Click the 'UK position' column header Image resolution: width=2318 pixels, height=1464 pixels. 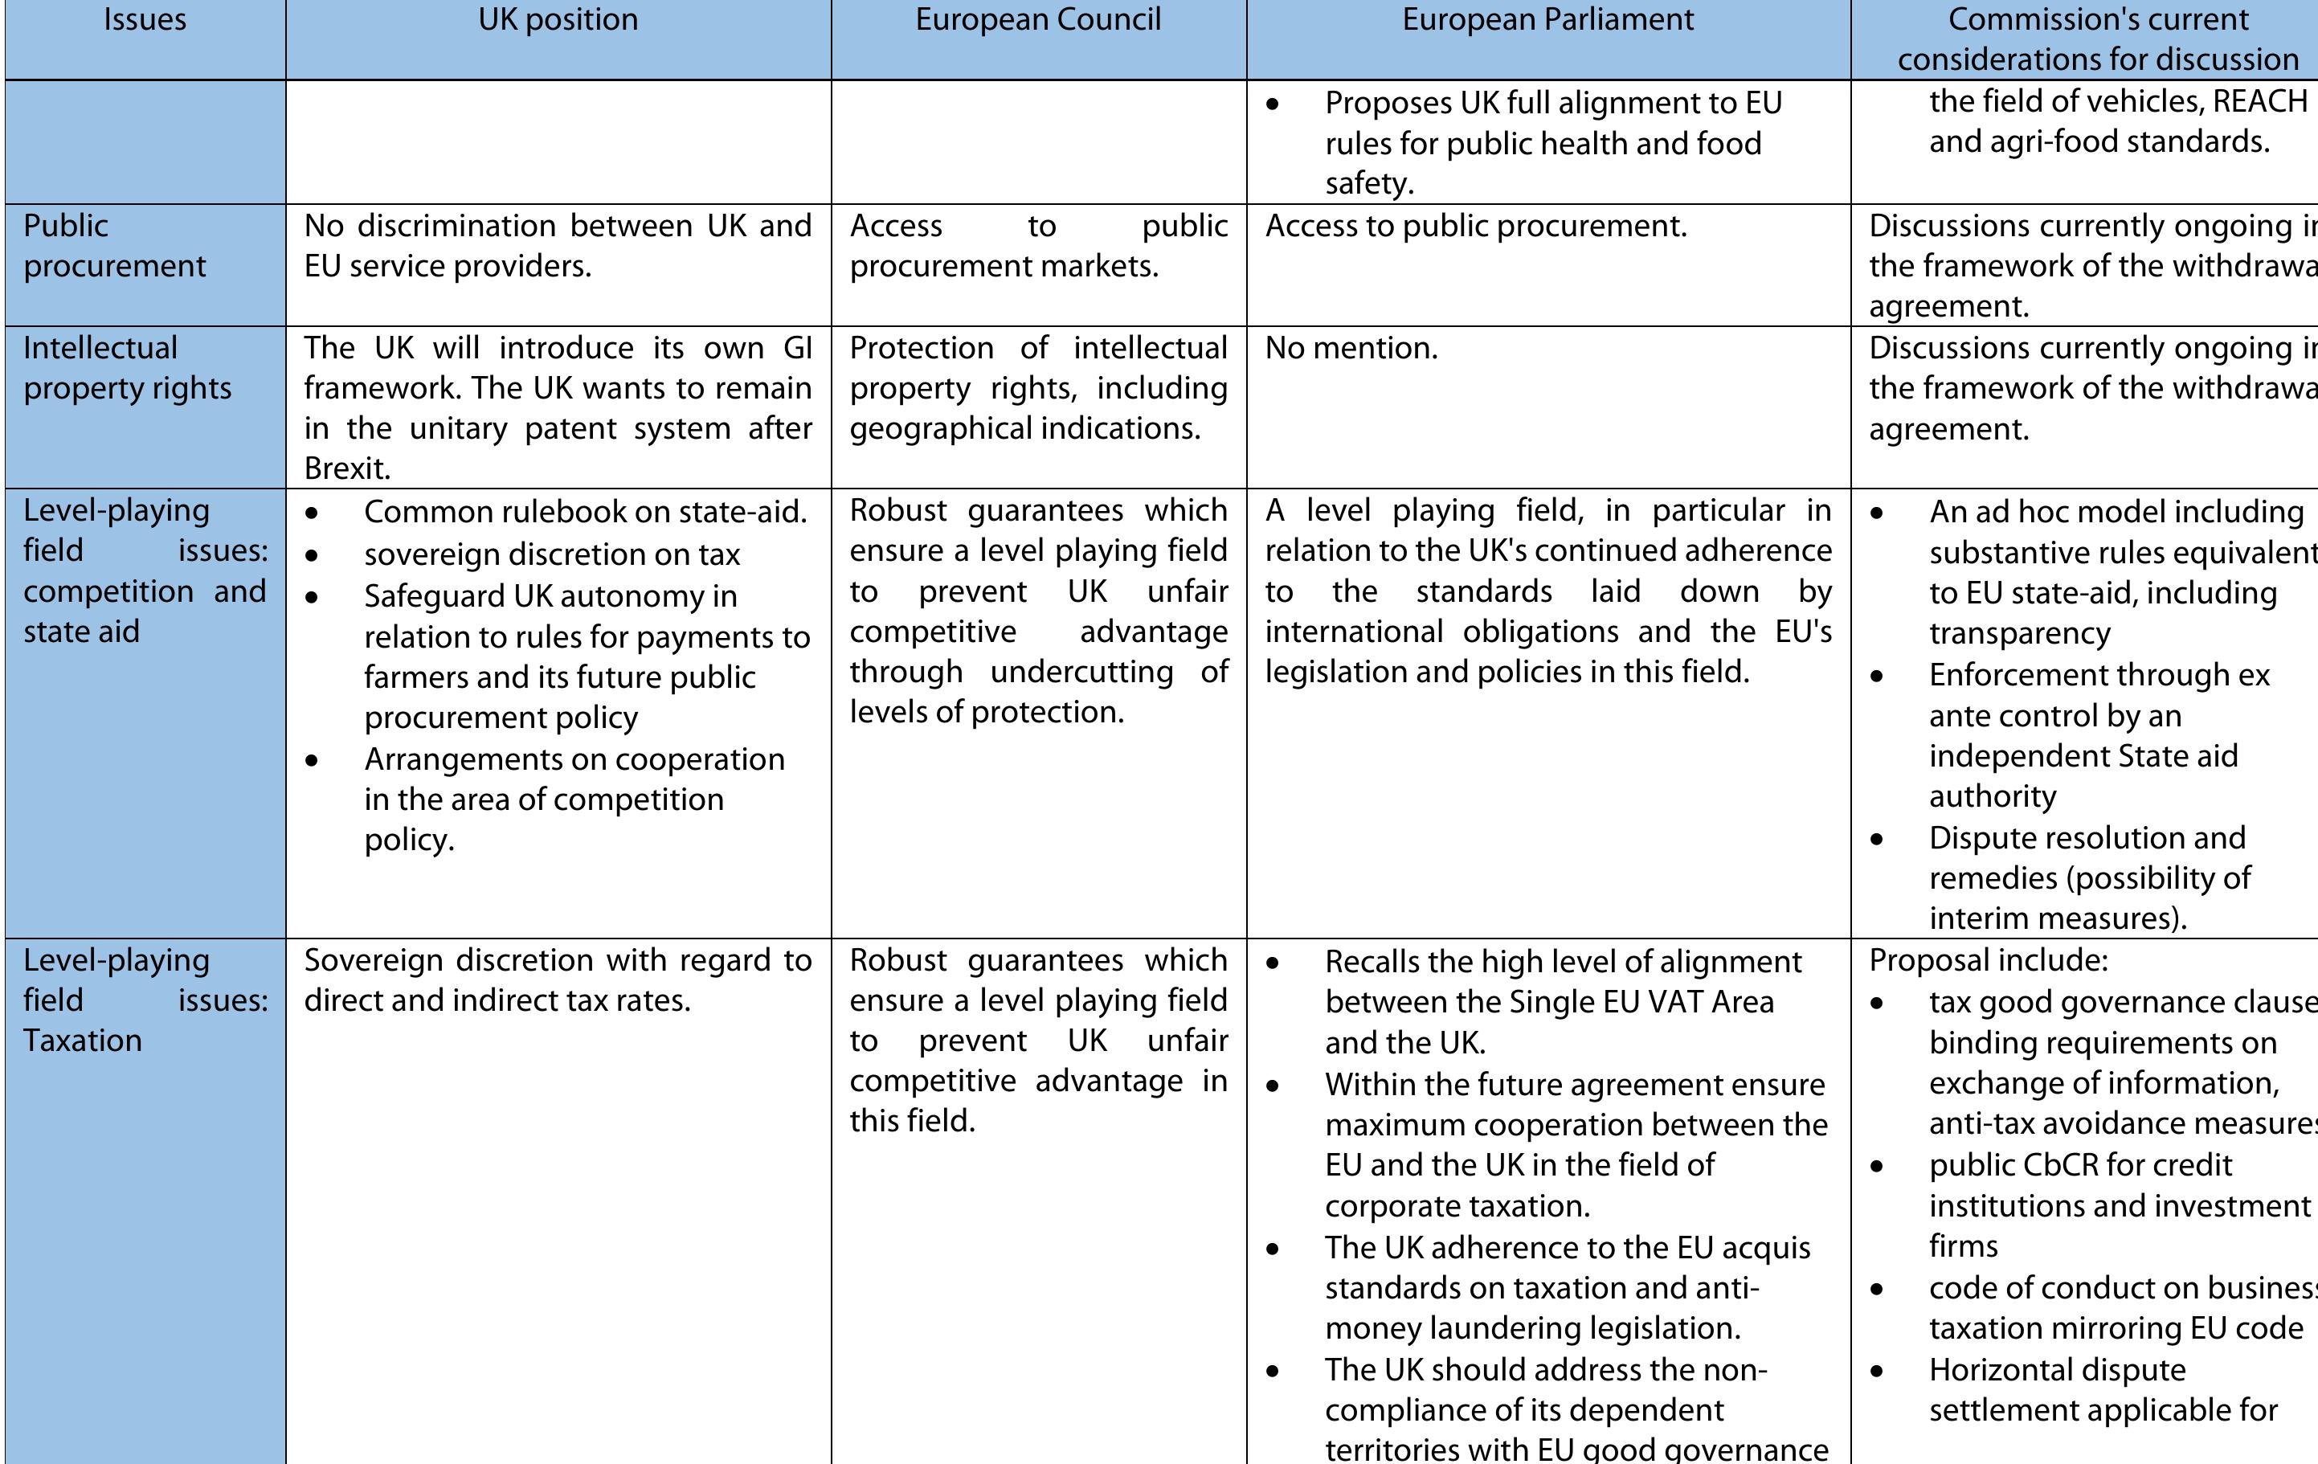click(x=558, y=20)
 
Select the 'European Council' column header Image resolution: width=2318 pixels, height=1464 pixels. click(x=1038, y=20)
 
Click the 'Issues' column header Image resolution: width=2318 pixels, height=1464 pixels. click(x=145, y=20)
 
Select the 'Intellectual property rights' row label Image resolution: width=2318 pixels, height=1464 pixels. click(x=127, y=368)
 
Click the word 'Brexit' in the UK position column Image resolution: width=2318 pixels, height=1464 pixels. click(x=345, y=468)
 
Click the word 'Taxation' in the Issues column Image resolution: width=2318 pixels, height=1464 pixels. click(x=83, y=1041)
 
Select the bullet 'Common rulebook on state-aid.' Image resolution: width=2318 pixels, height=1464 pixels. click(x=584, y=512)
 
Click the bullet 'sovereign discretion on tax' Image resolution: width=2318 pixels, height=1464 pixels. click(x=552, y=554)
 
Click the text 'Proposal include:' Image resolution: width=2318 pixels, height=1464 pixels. click(x=1988, y=961)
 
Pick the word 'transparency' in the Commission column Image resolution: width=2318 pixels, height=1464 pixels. click(x=2018, y=633)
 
